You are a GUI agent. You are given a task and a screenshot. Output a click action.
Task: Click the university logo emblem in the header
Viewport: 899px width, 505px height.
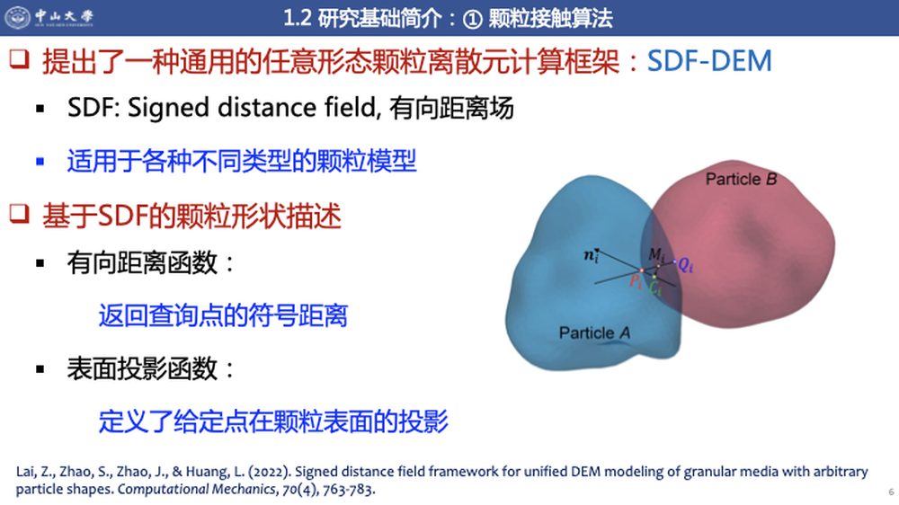tap(17, 16)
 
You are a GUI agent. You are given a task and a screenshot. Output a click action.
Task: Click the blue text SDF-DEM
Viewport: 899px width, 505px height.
tap(709, 61)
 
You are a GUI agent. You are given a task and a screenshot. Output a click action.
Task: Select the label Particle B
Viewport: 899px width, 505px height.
tap(741, 180)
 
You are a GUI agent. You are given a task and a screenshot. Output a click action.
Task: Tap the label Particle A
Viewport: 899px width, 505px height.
tap(594, 333)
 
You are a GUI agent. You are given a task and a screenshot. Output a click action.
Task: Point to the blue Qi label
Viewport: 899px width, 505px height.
tap(685, 265)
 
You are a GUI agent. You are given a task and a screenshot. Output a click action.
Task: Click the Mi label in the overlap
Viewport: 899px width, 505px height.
tap(657, 254)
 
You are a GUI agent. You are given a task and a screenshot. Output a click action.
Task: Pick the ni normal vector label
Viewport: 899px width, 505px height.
tap(592, 256)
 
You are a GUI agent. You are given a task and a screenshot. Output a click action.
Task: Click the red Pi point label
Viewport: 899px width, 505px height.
tap(636, 281)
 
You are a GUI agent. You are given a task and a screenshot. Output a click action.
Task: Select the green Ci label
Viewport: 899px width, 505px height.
tap(655, 288)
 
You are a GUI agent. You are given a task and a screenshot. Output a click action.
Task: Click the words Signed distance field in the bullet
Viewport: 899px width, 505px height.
tap(251, 108)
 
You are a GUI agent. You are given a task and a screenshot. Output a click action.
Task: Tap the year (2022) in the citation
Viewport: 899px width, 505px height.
tap(269, 472)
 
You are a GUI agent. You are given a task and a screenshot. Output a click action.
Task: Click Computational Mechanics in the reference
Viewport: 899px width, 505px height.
tap(196, 490)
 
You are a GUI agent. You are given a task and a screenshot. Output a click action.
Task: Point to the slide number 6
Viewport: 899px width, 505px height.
tap(891, 492)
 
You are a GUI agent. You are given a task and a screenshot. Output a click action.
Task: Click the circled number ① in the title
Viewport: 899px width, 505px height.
tap(472, 19)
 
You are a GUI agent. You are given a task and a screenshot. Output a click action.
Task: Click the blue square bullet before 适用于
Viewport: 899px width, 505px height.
tap(40, 162)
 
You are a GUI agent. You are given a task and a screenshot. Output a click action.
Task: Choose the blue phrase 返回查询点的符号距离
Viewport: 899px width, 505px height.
tap(223, 315)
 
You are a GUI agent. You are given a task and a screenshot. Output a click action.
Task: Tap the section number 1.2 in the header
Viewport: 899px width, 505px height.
tap(297, 18)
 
